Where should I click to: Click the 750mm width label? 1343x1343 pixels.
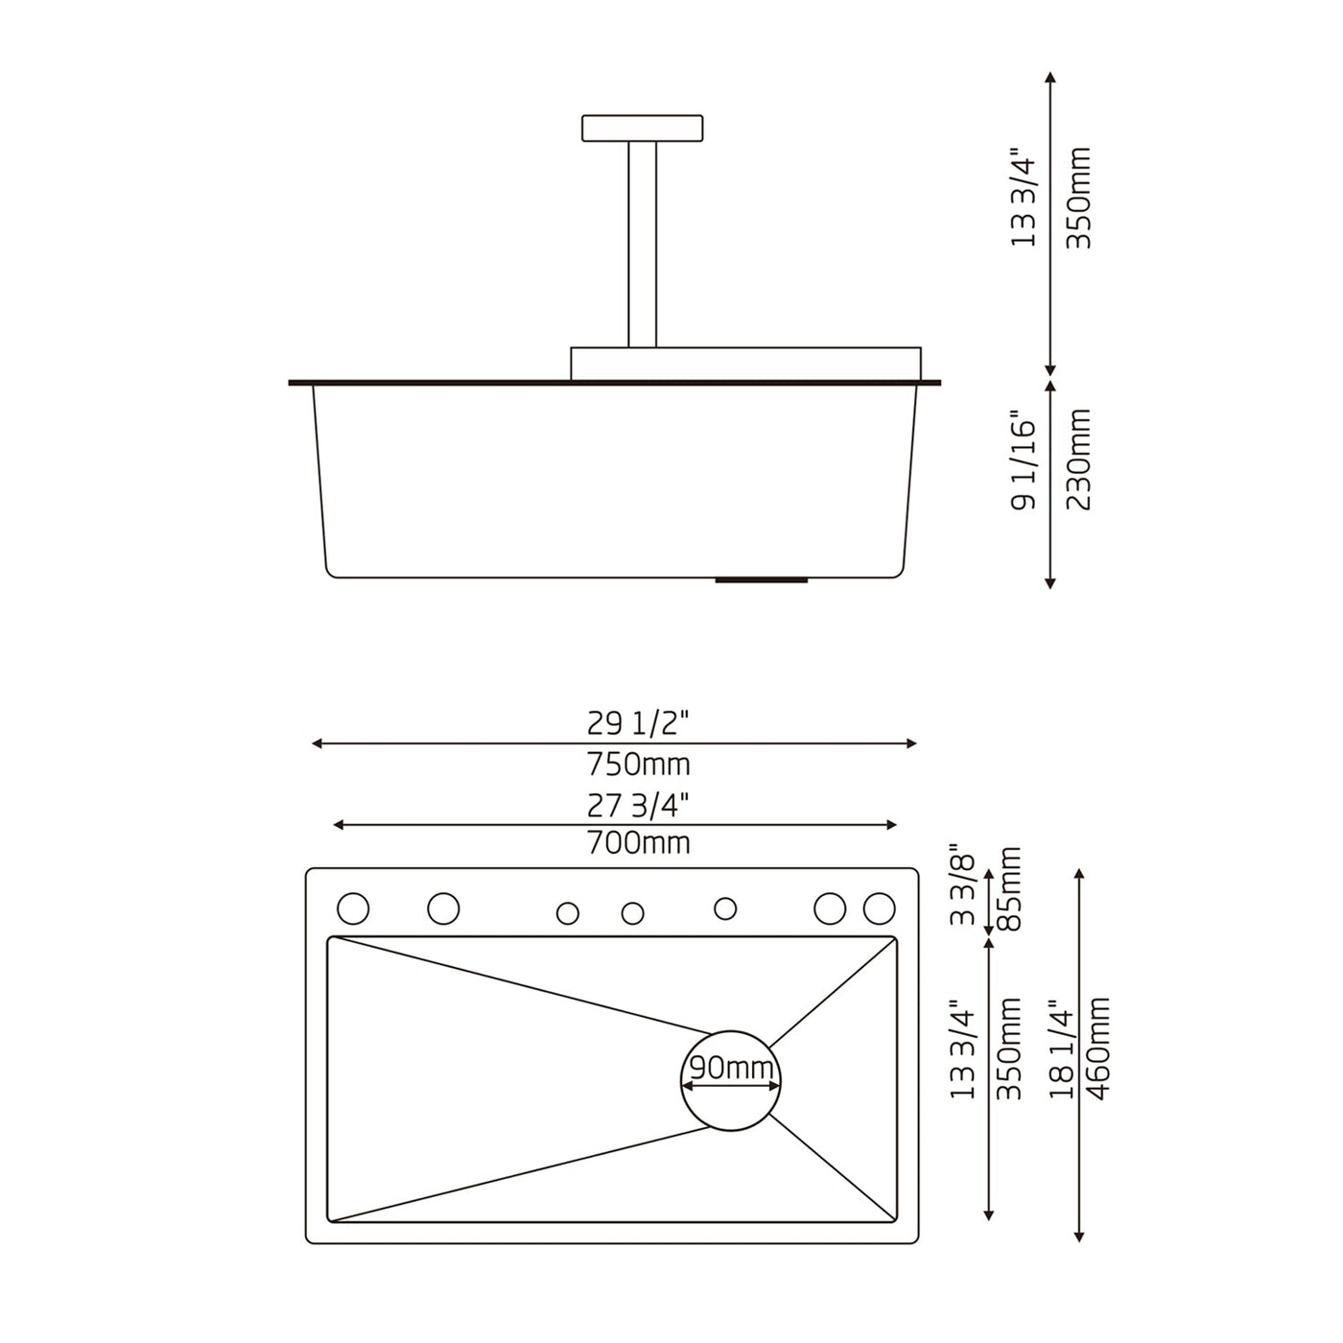click(638, 765)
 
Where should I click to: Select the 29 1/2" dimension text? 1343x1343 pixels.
click(638, 722)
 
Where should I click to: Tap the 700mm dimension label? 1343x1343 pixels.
click(638, 843)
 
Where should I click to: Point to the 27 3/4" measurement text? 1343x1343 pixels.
click(638, 805)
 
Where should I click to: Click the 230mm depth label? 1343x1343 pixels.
click(1079, 459)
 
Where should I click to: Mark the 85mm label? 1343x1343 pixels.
click(1009, 887)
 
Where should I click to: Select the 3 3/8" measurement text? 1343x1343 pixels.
click(963, 884)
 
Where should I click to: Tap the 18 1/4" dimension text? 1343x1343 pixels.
click(1061, 1048)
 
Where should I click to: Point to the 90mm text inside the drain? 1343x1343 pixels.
click(731, 1067)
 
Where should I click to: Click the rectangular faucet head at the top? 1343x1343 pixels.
click(642, 128)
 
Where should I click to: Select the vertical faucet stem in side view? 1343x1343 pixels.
click(643, 244)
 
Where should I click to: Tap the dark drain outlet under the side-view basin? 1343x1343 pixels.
click(762, 580)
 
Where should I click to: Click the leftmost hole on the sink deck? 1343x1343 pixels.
click(353, 907)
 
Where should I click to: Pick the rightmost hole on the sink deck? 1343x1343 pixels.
click(879, 907)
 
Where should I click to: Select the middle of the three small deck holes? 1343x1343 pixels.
click(632, 913)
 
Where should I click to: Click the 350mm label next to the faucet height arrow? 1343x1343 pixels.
click(1079, 199)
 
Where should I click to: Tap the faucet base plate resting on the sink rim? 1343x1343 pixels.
click(745, 364)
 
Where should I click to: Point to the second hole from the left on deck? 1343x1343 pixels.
click(443, 907)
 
